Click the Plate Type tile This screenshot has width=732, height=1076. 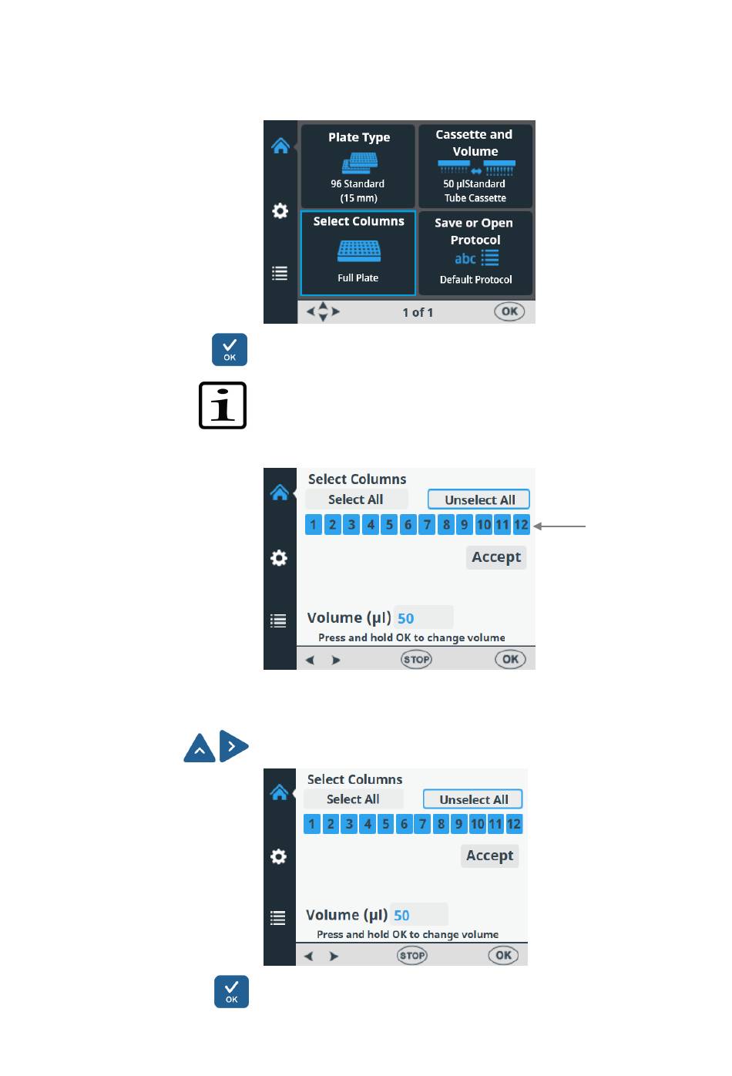[x=358, y=166]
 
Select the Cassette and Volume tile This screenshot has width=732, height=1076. [x=475, y=166]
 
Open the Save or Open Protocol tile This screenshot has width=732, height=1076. [x=475, y=253]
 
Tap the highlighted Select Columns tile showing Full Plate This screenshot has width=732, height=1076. [x=358, y=253]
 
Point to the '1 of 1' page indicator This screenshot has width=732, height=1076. [x=418, y=312]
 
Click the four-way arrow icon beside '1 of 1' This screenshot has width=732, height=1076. [x=323, y=312]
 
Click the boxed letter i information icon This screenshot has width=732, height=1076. [x=223, y=405]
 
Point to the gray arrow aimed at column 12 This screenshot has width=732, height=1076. [x=560, y=526]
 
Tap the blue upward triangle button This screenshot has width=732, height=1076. [x=200, y=747]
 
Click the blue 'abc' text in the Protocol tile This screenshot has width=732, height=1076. [x=465, y=259]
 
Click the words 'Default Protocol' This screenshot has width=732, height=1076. [x=475, y=280]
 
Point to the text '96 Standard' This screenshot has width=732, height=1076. [x=358, y=184]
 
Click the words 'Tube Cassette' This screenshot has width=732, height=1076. [x=475, y=198]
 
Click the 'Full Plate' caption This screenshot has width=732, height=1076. [x=358, y=278]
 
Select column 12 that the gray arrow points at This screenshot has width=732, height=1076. [x=522, y=525]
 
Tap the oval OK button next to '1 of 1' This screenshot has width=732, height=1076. [x=509, y=311]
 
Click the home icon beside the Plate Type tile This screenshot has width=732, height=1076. [x=280, y=146]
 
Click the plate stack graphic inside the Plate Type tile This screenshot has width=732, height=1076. [x=359, y=163]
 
